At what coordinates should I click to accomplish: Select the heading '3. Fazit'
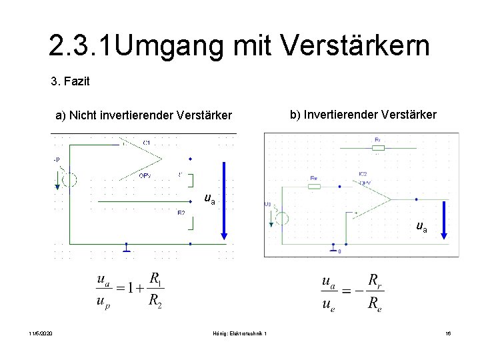coord(70,83)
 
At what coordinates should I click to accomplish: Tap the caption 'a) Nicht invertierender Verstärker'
coord(143,116)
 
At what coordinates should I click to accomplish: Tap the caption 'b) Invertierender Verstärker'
coord(363,115)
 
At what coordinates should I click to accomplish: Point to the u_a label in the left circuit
coord(209,198)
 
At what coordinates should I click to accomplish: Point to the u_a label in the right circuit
coord(421,227)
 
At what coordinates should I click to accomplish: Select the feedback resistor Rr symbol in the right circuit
coord(377,148)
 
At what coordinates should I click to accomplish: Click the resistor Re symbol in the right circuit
coord(314,186)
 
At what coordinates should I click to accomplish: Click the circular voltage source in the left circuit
coord(69,179)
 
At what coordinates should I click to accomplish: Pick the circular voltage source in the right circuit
coord(282,218)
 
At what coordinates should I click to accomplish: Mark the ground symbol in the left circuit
coord(127,249)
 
